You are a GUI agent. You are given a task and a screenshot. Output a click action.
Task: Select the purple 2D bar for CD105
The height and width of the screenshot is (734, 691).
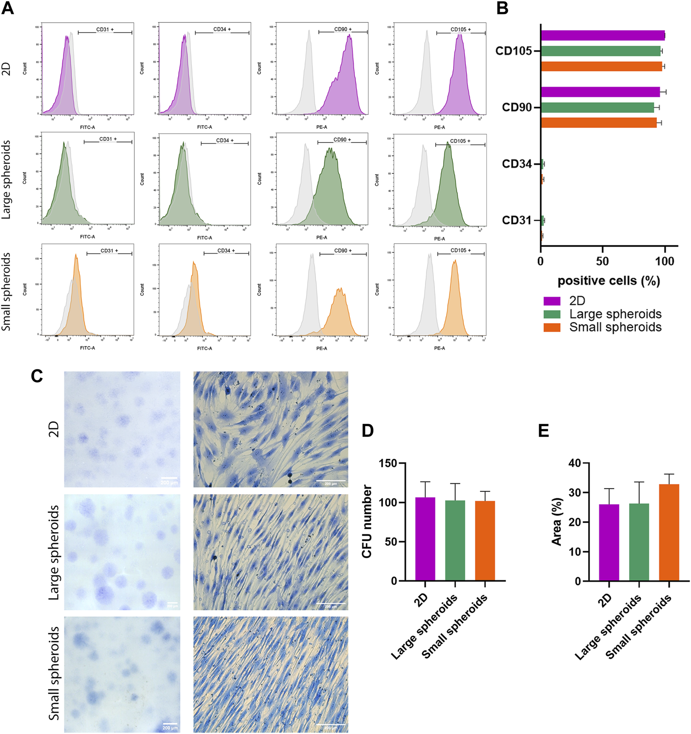[x=602, y=35]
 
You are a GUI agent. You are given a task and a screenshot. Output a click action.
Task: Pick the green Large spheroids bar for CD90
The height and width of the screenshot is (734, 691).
[x=597, y=108]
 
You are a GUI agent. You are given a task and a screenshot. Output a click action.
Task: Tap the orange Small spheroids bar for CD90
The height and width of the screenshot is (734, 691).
[x=599, y=123]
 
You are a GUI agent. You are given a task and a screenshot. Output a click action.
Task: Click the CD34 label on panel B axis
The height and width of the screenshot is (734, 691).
[x=517, y=164]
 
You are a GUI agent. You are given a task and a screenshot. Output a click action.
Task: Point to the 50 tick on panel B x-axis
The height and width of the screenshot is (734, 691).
[x=602, y=261]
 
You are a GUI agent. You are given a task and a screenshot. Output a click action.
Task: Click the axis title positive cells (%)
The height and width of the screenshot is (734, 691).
[x=609, y=281]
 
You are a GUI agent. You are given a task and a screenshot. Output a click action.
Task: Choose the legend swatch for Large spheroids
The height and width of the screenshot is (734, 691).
[x=552, y=314]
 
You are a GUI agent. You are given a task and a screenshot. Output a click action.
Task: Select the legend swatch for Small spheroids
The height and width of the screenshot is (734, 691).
[x=552, y=327]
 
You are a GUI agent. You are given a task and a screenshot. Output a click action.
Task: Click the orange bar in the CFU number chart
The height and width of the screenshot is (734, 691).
[x=485, y=540]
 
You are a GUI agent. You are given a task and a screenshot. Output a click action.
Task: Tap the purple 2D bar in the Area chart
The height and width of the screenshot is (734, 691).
[x=609, y=542]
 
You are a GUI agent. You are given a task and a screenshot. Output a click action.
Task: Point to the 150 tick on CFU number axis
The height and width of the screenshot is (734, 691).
[x=388, y=464]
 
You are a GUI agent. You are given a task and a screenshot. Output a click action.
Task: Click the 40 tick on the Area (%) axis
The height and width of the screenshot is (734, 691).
[x=575, y=463]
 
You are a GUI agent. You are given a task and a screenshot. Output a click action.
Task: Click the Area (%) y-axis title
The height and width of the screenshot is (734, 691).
[x=557, y=521]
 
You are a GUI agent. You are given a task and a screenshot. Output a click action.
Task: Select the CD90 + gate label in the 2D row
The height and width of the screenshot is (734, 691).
[x=343, y=29]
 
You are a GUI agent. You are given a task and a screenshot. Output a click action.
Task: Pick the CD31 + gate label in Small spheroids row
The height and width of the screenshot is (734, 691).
[x=109, y=251]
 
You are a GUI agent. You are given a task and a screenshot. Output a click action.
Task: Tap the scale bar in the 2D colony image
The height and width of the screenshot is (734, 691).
[x=169, y=478]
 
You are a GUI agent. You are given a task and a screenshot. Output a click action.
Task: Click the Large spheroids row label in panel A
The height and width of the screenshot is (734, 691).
[x=6, y=179]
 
